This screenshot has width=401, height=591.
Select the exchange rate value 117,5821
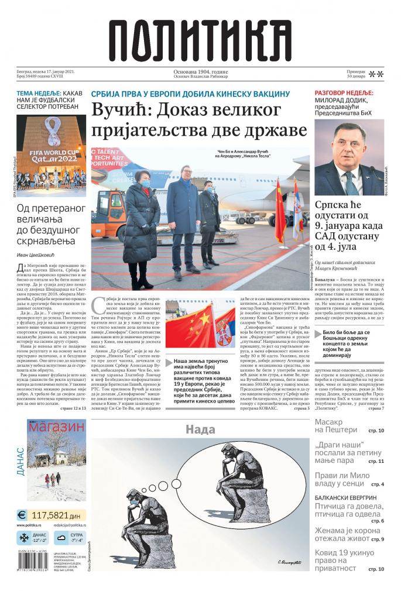coord(54,516)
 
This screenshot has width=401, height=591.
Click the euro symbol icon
coord(22,516)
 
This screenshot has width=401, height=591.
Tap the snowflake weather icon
coord(24,537)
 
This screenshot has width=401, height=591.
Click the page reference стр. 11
coord(376,462)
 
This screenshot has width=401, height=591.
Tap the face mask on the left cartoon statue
coord(134,502)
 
